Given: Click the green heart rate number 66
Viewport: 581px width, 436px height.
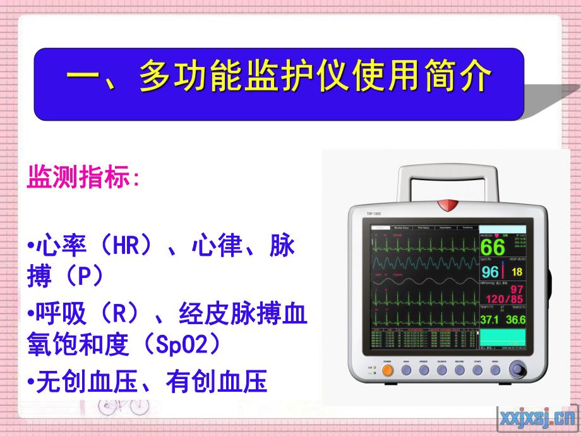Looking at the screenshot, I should (493, 247).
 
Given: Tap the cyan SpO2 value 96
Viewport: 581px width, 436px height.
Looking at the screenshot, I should (491, 272).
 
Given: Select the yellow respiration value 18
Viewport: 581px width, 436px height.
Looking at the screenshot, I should (517, 272).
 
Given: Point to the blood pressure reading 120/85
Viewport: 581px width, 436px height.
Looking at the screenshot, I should (510, 299).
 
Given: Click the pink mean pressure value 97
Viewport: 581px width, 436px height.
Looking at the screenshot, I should (517, 289).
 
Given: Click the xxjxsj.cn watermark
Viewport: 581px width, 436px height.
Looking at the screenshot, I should (537, 417).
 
